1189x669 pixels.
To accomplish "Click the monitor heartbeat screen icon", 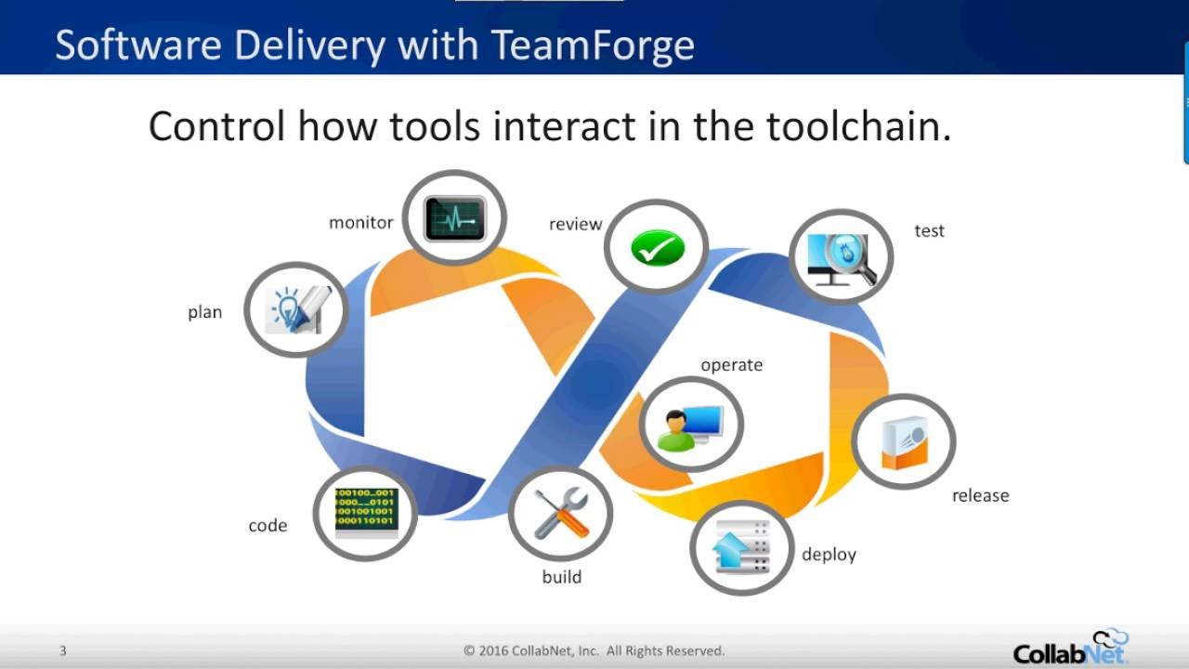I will coord(455,218).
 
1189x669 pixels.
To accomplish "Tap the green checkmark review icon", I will coord(657,248).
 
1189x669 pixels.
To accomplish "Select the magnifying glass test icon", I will coord(841,257).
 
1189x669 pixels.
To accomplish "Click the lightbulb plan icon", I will coord(296,309).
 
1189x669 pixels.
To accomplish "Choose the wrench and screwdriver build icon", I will coord(561,513).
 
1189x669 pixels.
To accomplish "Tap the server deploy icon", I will coord(741,547).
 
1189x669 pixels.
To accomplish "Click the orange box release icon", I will coord(903,441).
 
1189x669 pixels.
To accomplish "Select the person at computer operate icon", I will coord(692,424).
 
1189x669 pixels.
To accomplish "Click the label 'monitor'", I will coord(360,223).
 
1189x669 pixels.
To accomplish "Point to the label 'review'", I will coord(575,224).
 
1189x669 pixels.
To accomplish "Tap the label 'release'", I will coord(980,496).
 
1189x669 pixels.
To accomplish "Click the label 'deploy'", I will coord(829,555).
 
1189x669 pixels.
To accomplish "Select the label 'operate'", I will coord(731,365).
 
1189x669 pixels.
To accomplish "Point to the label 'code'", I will coord(268,526).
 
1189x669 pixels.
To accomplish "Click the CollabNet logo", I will coord(1070,648).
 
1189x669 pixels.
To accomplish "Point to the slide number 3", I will coord(62,650).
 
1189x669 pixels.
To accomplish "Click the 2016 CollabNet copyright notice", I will coord(594,650).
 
